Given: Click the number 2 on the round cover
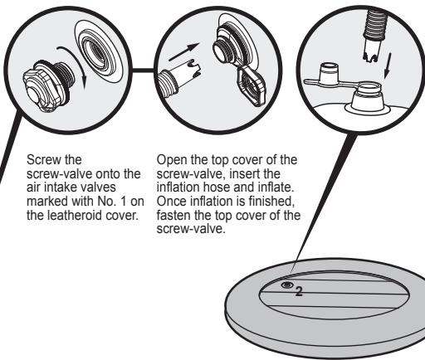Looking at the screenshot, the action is point(299,292).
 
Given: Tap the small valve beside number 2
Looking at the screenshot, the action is point(287,285).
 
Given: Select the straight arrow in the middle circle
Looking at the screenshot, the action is point(183,51).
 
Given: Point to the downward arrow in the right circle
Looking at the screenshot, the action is point(388,66).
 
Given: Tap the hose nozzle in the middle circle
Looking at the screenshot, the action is point(178,78).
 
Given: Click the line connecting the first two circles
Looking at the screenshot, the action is point(143,71).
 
